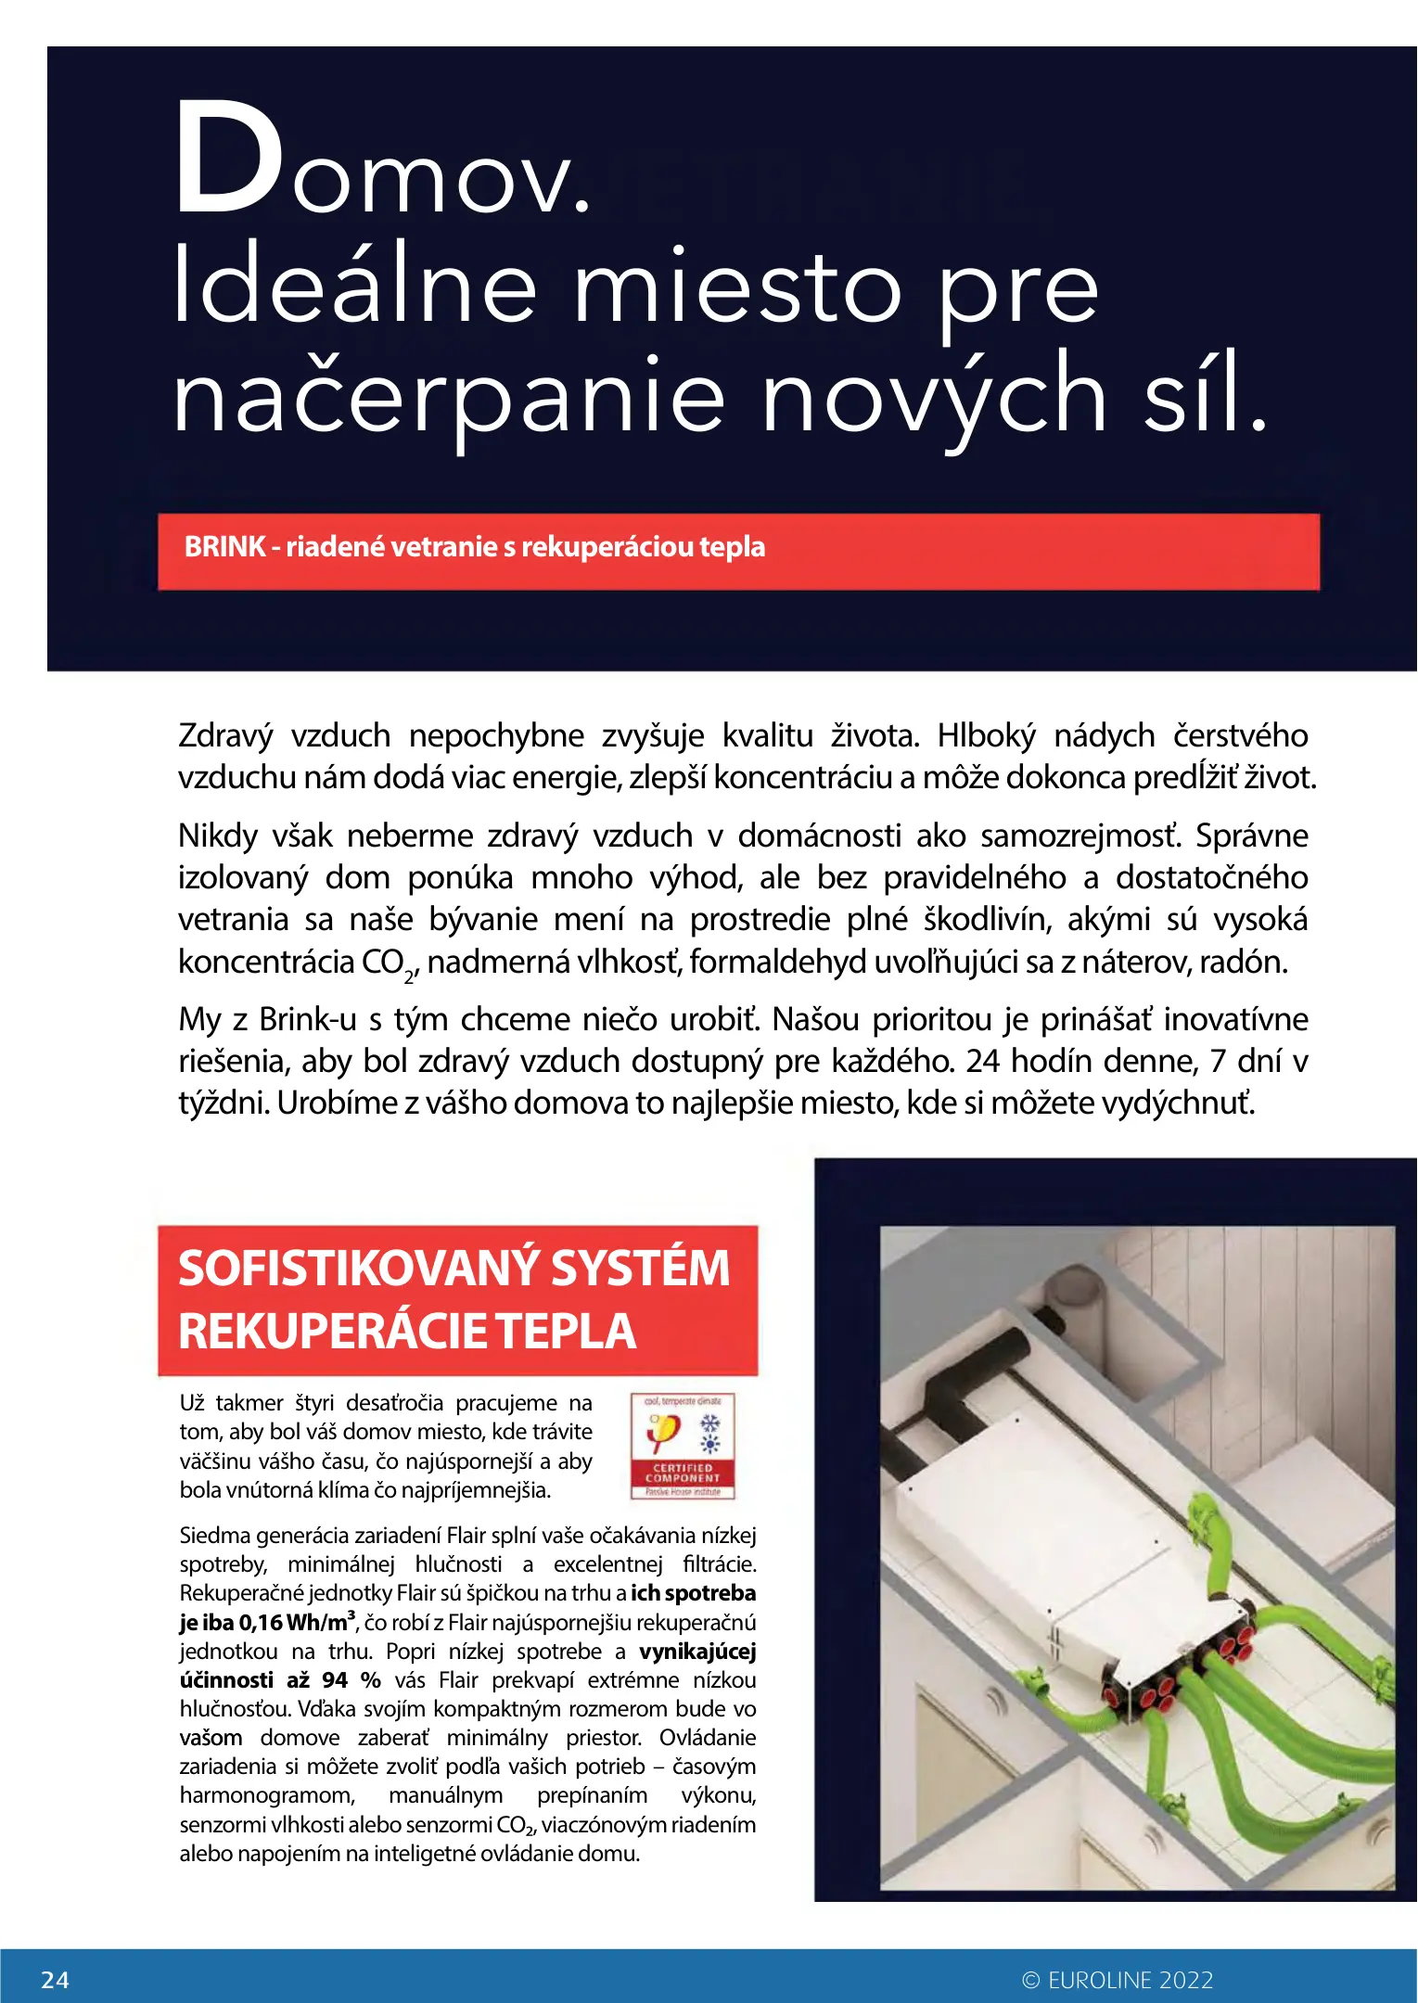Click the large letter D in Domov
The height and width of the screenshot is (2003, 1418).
coord(227,158)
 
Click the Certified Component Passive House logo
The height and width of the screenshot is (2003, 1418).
coord(683,1446)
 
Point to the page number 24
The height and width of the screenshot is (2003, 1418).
coord(56,1980)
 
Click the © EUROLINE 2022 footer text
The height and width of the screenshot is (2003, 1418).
coord(1118,1980)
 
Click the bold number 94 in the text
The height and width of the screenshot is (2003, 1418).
coord(335,1680)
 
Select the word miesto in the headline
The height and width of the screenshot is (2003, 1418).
coord(737,287)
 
